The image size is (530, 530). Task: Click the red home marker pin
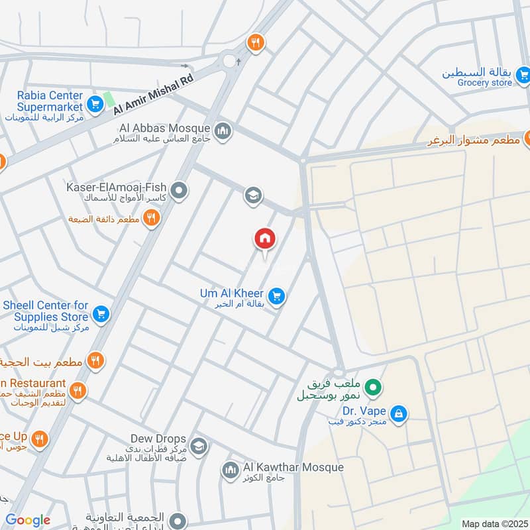(x=265, y=239)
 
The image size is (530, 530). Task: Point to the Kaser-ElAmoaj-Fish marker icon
(x=178, y=192)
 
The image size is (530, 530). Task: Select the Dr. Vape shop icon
(x=398, y=414)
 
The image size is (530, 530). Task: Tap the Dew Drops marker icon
(x=198, y=445)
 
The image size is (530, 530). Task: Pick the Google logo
(x=28, y=520)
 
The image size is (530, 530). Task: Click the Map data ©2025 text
(x=493, y=523)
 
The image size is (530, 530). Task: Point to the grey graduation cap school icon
(x=252, y=195)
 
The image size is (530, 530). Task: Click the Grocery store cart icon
(x=523, y=76)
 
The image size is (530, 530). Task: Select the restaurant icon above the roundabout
(x=255, y=43)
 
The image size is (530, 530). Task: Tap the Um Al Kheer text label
(x=232, y=293)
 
